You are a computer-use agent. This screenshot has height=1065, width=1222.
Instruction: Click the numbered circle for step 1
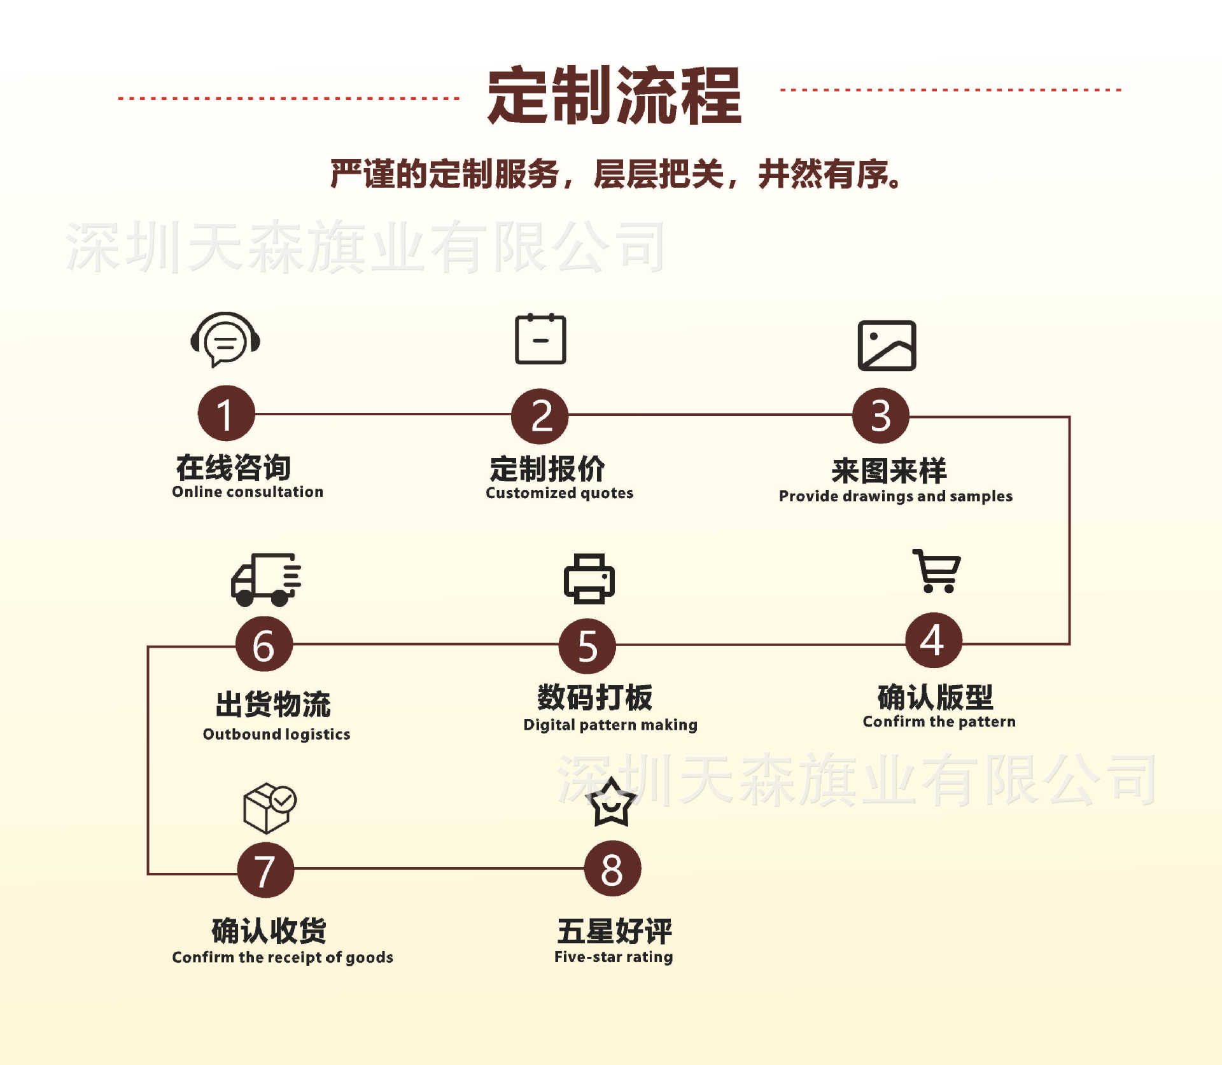coord(226,414)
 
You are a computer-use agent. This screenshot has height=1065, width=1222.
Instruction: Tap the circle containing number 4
coord(934,640)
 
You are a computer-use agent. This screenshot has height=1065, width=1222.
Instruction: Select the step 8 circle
coord(612,869)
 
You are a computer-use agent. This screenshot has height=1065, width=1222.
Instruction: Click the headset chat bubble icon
coord(225,339)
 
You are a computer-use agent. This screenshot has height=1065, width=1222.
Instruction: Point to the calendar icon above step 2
coord(540,339)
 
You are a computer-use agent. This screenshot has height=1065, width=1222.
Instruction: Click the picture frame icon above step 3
coord(887,345)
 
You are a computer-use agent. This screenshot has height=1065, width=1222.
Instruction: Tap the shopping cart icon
coord(937,571)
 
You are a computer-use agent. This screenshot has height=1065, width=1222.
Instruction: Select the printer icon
coord(589,578)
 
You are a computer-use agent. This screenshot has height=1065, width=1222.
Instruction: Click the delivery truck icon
coord(265,580)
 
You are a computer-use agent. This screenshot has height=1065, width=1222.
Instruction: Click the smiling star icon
coord(611,803)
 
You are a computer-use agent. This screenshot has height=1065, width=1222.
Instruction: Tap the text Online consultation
coord(248,492)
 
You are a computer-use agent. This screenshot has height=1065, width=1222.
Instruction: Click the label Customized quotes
coord(559,493)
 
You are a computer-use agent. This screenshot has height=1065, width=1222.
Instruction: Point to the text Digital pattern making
coord(610,725)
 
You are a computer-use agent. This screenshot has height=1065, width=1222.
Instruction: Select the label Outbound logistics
coord(276,734)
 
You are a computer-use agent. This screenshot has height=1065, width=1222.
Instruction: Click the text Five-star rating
coord(614,957)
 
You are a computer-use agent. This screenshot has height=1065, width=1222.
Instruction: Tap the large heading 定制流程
coord(614,95)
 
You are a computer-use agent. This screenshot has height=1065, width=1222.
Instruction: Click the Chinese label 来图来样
coord(889,471)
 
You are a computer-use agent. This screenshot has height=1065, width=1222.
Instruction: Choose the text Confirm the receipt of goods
coord(283,957)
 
